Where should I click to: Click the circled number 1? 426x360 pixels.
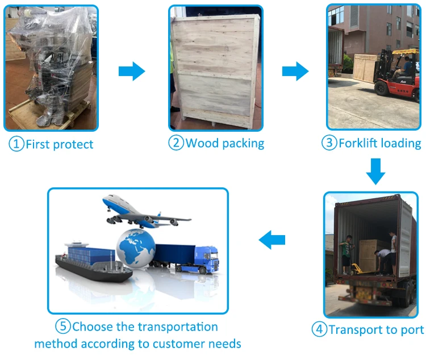pos(16,144)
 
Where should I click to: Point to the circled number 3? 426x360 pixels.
pos(329,143)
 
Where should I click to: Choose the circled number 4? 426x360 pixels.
pos(319,329)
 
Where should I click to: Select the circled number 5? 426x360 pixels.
pos(63,327)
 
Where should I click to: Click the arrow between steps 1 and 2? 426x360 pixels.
pos(132,72)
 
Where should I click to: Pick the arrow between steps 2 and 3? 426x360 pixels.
pos(295,72)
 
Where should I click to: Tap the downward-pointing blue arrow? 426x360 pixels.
pos(375,171)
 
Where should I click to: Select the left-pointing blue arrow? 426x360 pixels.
pos(272,241)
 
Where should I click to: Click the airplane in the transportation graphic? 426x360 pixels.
pos(142,211)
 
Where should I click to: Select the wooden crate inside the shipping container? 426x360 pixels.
pos(368,253)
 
